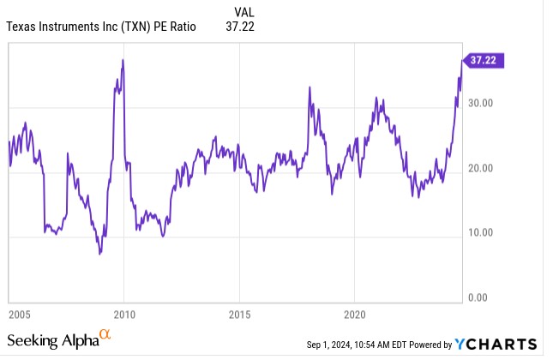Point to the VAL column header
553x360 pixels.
click(x=244, y=12)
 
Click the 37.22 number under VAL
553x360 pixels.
click(x=244, y=27)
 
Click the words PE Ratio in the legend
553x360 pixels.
click(x=176, y=27)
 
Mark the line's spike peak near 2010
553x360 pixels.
click(x=123, y=60)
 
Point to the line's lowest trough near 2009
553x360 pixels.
click(x=100, y=255)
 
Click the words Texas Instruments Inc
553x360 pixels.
click(x=56, y=27)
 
